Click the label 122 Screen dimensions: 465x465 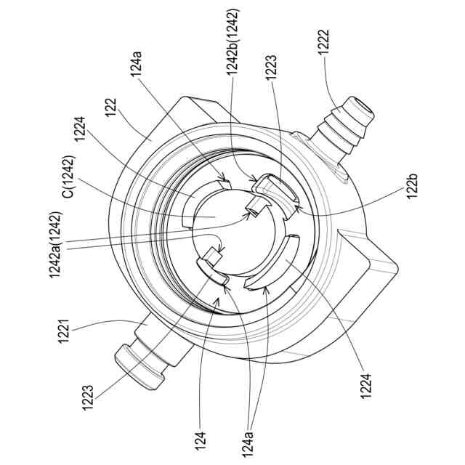click(x=111, y=108)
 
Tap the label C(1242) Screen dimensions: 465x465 click(x=69, y=177)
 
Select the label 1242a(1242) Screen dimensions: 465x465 click(x=55, y=244)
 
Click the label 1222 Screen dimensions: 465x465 click(x=323, y=42)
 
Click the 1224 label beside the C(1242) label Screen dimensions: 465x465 click(x=80, y=129)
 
